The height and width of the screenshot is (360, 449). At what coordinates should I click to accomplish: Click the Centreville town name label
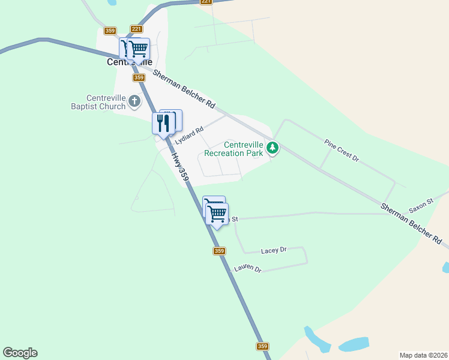coord(130,62)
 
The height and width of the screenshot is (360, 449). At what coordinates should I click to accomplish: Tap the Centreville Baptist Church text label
coord(106,103)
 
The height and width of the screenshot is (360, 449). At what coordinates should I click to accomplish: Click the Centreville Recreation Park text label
coord(234,149)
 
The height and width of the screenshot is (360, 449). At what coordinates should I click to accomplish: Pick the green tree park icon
coord(273,147)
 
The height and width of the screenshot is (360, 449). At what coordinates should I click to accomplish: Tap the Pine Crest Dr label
coord(341,151)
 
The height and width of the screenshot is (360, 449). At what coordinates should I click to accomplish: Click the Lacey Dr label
coord(274,250)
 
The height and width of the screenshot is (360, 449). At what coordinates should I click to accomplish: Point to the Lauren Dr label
coord(248,269)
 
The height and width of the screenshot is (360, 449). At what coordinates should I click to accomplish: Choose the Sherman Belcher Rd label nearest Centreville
coord(184,89)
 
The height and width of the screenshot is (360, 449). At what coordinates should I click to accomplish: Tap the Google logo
coord(20,353)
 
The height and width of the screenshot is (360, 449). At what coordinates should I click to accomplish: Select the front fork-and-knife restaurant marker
coord(163,124)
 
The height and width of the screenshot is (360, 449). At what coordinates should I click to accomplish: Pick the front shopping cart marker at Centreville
coord(139,49)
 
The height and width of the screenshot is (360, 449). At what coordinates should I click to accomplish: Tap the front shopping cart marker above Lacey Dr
coord(217,214)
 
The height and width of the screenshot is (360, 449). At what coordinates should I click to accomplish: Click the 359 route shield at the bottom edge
coord(262,346)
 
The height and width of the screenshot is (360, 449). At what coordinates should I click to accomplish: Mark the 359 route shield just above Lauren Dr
coord(219,251)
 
